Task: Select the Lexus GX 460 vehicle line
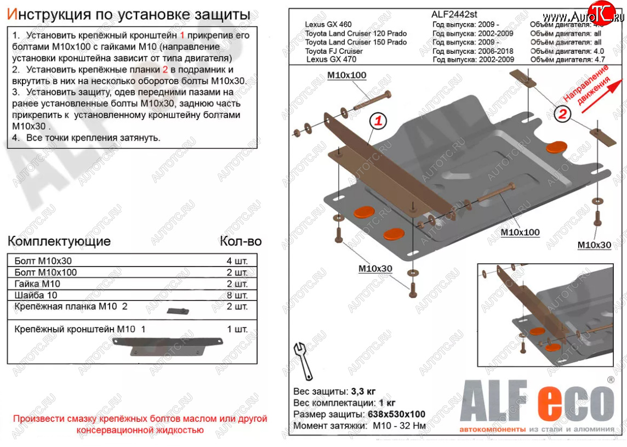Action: click(x=328, y=24)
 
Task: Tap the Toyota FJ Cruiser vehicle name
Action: click(x=334, y=51)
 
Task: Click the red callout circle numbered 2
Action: click(x=562, y=114)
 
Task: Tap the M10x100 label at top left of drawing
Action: click(x=346, y=75)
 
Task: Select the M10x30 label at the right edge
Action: click(x=594, y=245)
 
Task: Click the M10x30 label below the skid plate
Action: click(x=375, y=268)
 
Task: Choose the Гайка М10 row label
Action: click(x=37, y=284)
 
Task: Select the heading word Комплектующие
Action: click(x=59, y=241)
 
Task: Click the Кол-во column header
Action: click(x=241, y=241)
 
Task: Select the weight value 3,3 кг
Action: click(x=362, y=392)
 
